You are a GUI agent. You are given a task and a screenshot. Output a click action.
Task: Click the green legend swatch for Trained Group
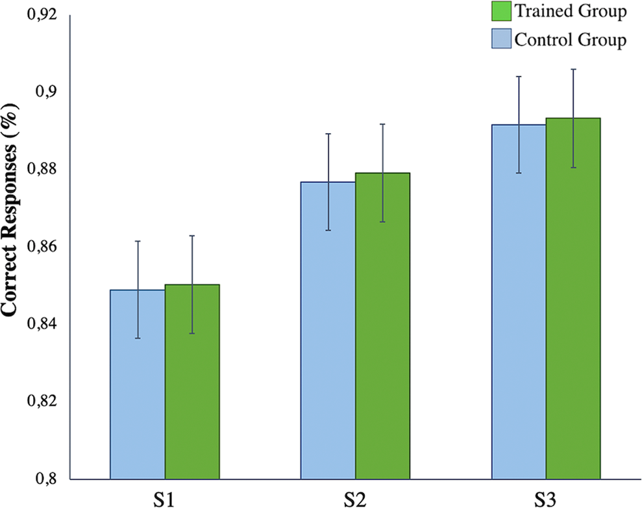point(500,12)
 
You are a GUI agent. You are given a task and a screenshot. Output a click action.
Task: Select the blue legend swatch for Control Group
point(500,39)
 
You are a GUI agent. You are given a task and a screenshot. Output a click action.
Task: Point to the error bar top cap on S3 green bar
point(573,70)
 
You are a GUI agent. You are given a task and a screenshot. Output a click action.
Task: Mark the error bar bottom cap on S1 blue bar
point(137,338)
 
